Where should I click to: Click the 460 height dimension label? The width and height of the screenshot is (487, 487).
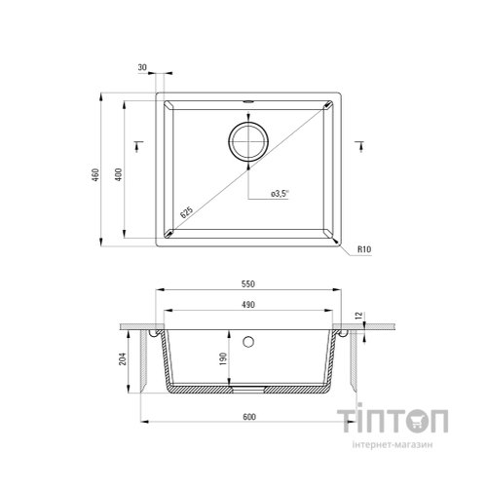click(x=96, y=174)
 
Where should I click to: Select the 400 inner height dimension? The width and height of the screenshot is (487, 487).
click(x=119, y=174)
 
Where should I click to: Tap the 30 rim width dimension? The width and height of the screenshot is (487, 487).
click(x=142, y=67)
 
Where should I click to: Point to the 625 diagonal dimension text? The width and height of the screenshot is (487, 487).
click(x=187, y=211)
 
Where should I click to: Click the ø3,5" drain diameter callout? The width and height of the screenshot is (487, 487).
click(x=280, y=194)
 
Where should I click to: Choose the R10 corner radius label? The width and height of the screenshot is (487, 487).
click(x=364, y=249)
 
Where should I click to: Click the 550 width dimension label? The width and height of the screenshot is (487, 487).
click(x=248, y=283)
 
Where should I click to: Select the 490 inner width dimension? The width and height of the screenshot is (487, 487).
click(x=248, y=305)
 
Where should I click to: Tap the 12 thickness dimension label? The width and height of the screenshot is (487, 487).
click(x=359, y=316)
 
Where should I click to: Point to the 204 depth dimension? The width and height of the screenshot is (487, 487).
click(x=123, y=358)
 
